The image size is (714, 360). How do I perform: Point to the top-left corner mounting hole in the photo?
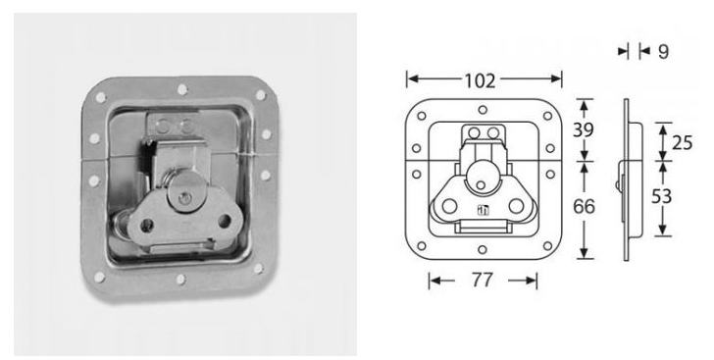[x=101, y=96]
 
